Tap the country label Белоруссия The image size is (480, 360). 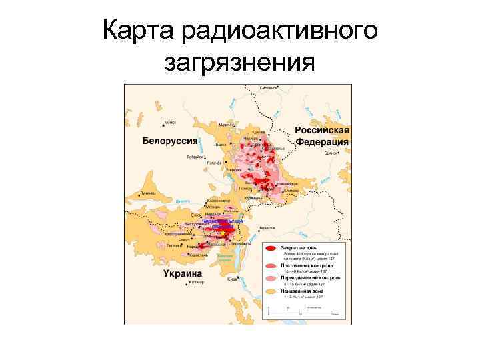click(x=169, y=141)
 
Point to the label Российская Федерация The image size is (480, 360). click(x=323, y=136)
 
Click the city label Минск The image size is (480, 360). click(x=170, y=123)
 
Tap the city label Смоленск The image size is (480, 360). click(x=268, y=88)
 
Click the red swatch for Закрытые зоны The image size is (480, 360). click(x=271, y=248)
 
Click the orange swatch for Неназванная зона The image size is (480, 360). click(x=271, y=291)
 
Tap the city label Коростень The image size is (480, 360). click(x=199, y=255)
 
